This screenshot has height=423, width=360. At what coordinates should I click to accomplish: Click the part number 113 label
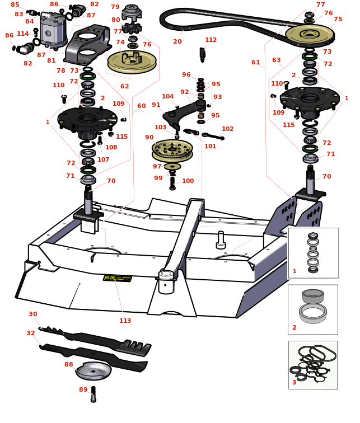(125, 321)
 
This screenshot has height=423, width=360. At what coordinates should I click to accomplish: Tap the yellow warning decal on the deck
(118, 278)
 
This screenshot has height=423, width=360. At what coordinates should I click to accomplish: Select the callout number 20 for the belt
(177, 41)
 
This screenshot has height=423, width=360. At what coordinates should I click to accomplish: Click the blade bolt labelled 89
(93, 394)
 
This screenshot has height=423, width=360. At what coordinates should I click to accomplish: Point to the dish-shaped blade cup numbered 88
(93, 370)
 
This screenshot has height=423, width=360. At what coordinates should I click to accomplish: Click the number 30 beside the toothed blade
(33, 314)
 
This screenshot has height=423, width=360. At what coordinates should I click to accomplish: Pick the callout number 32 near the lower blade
(30, 333)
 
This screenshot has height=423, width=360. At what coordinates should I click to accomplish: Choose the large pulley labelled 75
(310, 34)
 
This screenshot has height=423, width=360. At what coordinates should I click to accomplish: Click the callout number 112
(211, 40)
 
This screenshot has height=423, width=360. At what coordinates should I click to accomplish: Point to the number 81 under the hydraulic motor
(51, 60)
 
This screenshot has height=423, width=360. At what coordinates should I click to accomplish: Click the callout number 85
(15, 4)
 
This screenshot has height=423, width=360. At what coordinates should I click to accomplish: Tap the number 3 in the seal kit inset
(294, 382)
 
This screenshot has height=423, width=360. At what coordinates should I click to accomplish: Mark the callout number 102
(227, 129)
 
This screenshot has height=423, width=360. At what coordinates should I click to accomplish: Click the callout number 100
(188, 181)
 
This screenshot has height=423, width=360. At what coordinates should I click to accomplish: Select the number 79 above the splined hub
(115, 7)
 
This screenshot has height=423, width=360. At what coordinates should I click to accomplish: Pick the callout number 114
(22, 34)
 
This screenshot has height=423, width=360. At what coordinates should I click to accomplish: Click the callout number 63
(276, 60)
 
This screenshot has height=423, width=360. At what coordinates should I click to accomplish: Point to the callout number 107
(104, 159)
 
